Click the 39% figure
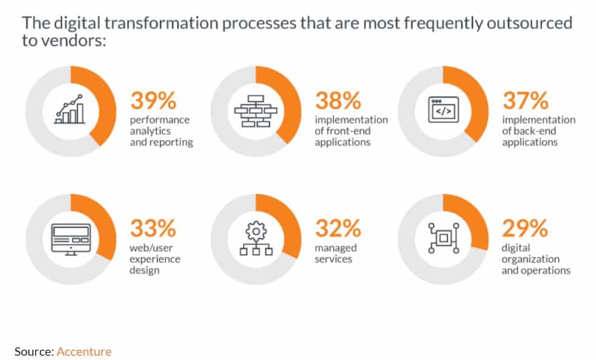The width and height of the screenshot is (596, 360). (153, 101)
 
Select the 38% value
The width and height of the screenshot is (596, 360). (338, 101)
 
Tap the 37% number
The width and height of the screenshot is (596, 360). (526, 101)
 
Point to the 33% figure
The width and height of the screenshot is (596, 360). (153, 228)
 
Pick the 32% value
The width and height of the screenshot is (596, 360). (338, 228)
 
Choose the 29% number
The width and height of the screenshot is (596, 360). (525, 228)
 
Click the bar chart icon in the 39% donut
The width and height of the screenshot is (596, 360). (70, 110)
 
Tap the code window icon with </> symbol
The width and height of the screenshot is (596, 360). (443, 110)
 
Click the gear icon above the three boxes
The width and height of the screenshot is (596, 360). (256, 231)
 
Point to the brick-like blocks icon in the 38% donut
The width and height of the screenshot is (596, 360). (256, 111)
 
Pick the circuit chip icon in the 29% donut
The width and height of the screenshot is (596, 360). (443, 238)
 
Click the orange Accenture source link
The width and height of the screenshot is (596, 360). (84, 352)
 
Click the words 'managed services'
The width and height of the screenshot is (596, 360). (336, 253)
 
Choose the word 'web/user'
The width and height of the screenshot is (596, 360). (151, 248)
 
